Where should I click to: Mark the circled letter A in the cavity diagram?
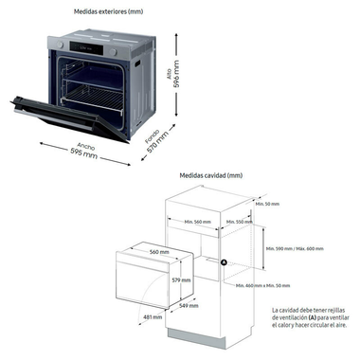click(225, 261)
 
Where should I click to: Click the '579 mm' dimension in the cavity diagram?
click(182, 280)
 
